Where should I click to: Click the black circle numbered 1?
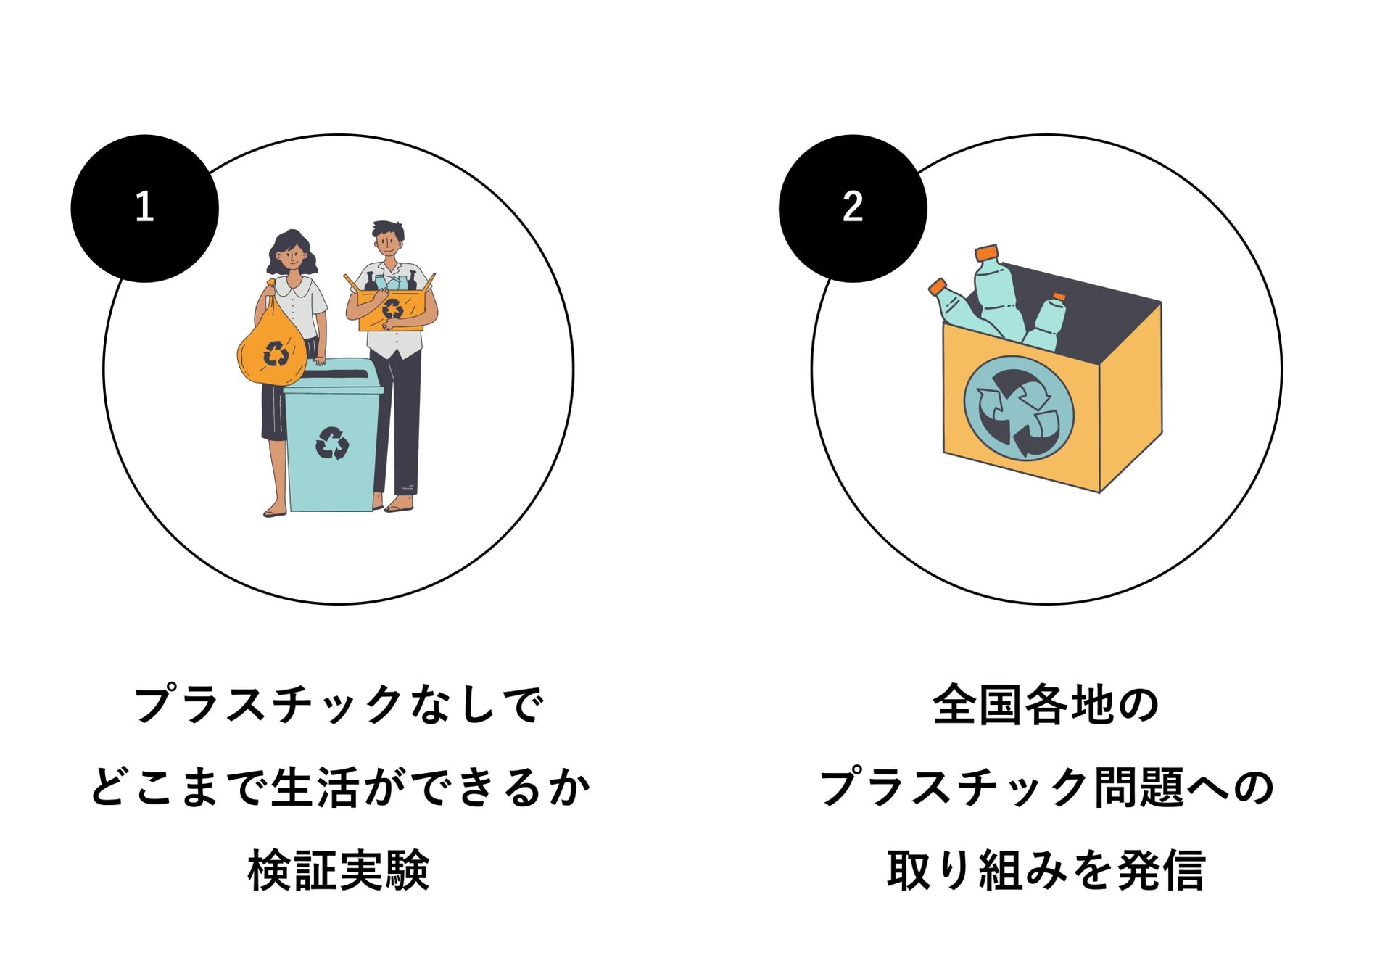click(x=144, y=208)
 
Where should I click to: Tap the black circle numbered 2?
click(x=853, y=208)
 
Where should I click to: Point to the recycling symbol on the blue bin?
click(x=332, y=443)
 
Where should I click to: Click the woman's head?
click(x=292, y=251)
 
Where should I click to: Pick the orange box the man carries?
click(x=392, y=309)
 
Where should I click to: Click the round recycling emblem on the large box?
click(x=1018, y=408)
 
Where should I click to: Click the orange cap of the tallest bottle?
click(x=987, y=253)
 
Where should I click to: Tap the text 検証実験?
click(x=339, y=869)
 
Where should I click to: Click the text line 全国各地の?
click(x=1046, y=705)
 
